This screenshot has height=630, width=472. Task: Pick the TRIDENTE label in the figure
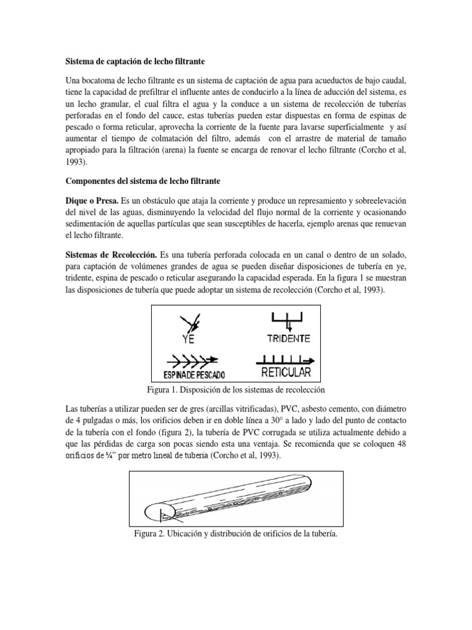[288, 338]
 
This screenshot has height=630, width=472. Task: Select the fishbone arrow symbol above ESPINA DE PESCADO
[192, 361]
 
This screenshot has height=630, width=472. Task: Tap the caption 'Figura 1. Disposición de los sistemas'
[236, 391]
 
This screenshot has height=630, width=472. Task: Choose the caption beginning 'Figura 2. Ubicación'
[236, 533]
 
